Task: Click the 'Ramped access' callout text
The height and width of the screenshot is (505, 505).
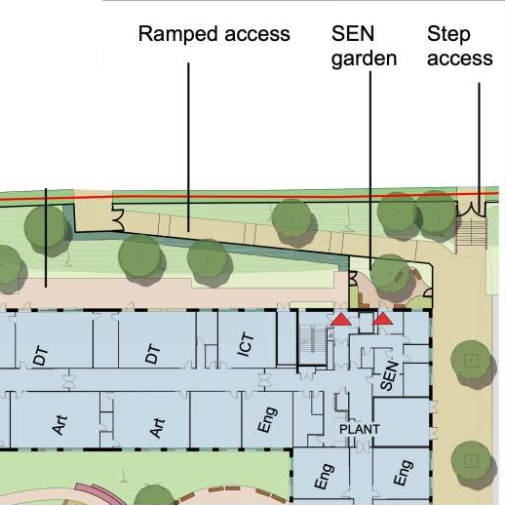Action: coord(214,34)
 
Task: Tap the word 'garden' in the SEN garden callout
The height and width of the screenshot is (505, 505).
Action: coord(364,59)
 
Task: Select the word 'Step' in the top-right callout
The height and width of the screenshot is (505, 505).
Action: coord(448,34)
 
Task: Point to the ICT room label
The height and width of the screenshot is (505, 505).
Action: coord(246,344)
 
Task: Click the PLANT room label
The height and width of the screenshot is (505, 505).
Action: coord(359,429)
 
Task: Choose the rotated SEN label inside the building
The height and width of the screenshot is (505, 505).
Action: coord(389,375)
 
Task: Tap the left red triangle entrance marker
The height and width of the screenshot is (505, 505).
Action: coord(341,320)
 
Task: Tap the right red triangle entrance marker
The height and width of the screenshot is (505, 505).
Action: coord(382,319)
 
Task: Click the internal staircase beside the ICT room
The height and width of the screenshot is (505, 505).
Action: coord(313,345)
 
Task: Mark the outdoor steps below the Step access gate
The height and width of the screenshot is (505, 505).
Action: coord(471,232)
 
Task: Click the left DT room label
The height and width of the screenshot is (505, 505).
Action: coord(41,356)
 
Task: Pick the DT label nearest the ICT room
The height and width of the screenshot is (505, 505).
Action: coord(153,354)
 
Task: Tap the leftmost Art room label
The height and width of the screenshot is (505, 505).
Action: coord(59,424)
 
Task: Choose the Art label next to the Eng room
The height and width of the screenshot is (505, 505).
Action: coord(157,427)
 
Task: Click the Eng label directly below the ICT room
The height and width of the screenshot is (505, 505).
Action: coord(267,419)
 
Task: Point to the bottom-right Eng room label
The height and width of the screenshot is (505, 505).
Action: coord(404,473)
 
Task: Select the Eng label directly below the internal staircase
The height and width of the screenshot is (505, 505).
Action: coord(324,476)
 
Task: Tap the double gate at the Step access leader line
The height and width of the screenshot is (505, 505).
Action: coord(471,209)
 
